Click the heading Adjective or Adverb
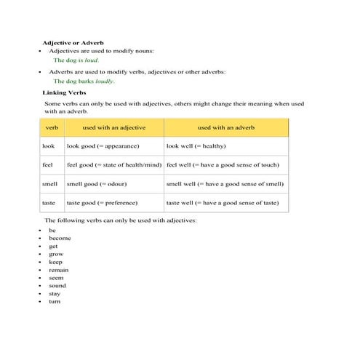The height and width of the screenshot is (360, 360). [73, 44]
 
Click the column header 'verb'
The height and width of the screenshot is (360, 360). [52, 128]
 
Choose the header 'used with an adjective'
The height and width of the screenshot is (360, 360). [114, 128]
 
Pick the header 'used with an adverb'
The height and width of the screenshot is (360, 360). [225, 128]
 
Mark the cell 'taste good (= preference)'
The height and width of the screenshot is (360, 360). [102, 203]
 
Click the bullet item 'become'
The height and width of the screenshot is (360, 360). [60, 238]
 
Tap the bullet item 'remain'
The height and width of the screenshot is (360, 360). [59, 270]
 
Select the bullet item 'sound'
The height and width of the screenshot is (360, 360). [58, 286]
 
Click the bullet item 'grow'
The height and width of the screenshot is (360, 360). [56, 254]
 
